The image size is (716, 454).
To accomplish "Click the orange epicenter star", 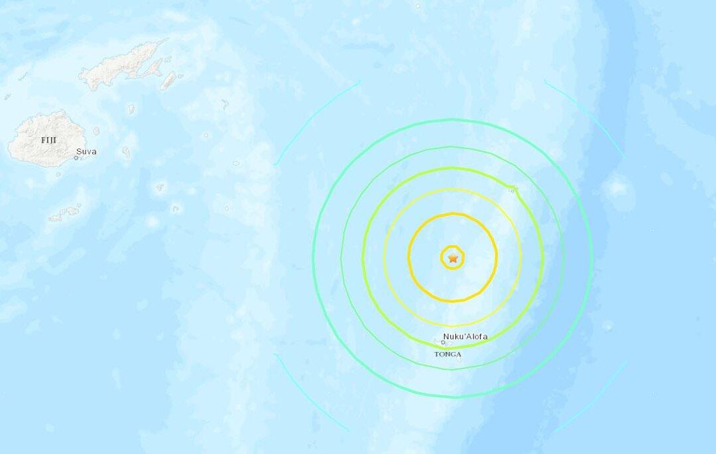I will pyautogui.click(x=453, y=258).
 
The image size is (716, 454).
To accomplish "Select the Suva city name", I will pyautogui.click(x=86, y=152).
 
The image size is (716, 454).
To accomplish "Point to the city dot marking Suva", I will pyautogui.click(x=76, y=157).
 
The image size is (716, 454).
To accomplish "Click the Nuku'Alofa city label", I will pyautogui.click(x=465, y=337).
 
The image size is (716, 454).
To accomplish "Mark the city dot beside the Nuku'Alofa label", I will pyautogui.click(x=444, y=342).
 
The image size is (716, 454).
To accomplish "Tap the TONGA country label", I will pyautogui.click(x=447, y=355).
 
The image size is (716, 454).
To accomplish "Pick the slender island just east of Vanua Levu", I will pyautogui.click(x=168, y=81).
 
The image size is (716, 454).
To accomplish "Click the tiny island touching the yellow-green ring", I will pyautogui.click(x=512, y=190).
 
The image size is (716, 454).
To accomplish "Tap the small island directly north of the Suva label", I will pyautogui.click(x=96, y=131).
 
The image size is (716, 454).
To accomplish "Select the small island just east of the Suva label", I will pyautogui.click(x=126, y=152).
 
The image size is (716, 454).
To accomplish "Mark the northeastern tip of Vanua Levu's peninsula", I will pyautogui.click(x=166, y=41).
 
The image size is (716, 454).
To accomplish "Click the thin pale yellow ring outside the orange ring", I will pyautogui.click(x=385, y=257).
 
